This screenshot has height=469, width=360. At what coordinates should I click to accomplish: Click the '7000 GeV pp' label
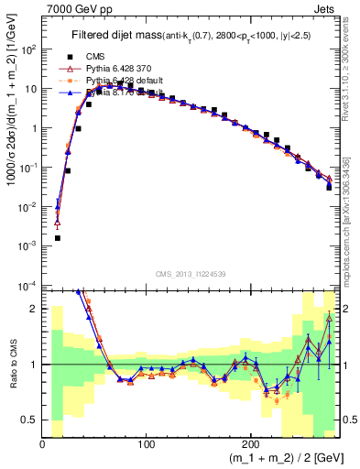75,7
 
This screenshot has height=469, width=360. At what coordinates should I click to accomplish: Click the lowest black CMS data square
57,238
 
